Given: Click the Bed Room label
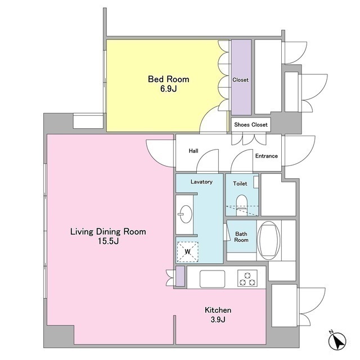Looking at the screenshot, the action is click(169, 79).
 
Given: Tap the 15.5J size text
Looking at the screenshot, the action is click(109, 241).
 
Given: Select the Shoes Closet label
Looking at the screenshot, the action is click(251, 125).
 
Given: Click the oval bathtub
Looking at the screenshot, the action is click(269, 240).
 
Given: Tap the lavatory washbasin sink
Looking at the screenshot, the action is click(186, 214).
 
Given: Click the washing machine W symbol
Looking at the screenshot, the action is click(187, 251).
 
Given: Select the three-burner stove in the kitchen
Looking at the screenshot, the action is click(247, 278).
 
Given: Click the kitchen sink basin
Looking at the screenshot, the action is click(213, 279).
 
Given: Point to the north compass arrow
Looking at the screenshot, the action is click(337, 341).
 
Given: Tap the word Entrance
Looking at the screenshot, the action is click(267, 156).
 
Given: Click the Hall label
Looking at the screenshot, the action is click(193, 151).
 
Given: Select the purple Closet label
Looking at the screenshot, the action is click(240, 80).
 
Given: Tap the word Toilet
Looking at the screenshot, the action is click(240, 183).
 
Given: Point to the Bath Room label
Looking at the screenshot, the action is click(241, 237).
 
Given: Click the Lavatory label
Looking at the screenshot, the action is click(201, 182).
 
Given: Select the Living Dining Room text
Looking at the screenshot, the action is click(108, 232).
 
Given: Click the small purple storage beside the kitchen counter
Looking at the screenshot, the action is click(180, 276).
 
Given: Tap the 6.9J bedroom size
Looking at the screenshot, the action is click(169, 89).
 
